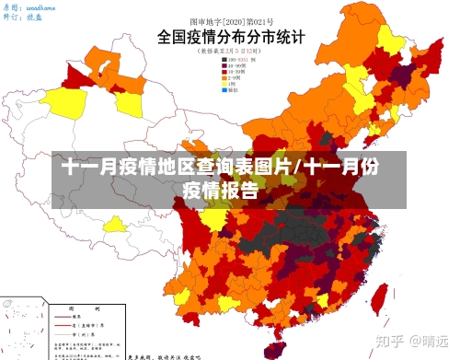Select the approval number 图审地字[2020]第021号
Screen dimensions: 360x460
point(227,19)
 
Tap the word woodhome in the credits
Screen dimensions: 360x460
point(40,6)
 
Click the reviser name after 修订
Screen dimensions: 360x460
point(34,17)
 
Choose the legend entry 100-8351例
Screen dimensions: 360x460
point(241,60)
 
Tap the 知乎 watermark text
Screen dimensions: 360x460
point(393,341)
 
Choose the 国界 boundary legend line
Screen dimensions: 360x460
point(70,318)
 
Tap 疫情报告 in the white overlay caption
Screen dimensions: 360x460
point(220,192)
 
